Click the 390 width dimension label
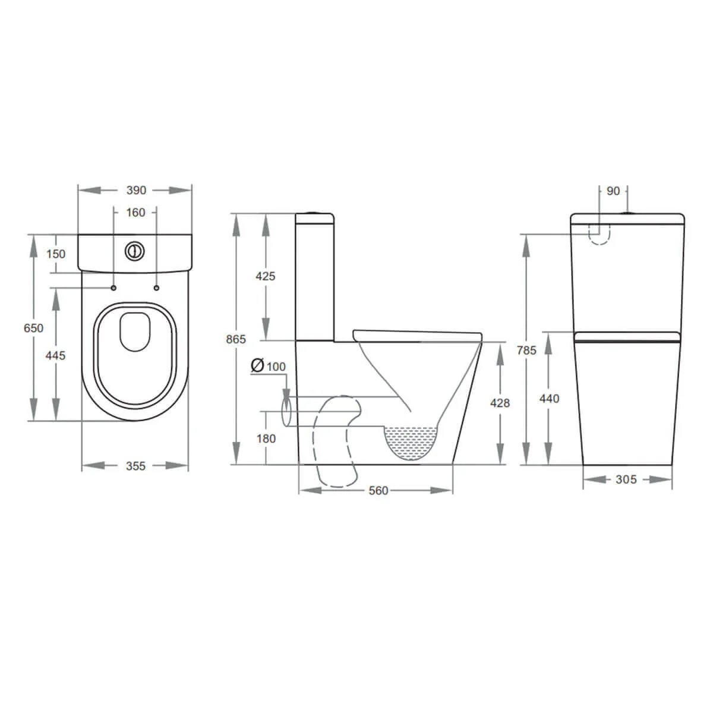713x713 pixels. [136, 190]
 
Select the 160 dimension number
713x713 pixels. [135, 212]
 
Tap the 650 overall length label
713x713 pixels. [33, 328]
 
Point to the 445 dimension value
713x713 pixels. [55, 355]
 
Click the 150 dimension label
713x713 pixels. [56, 254]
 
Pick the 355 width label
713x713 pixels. [135, 466]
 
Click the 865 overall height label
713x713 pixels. [236, 339]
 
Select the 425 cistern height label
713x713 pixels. [265, 276]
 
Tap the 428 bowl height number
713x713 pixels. [500, 403]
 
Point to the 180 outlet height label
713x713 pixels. [266, 438]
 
